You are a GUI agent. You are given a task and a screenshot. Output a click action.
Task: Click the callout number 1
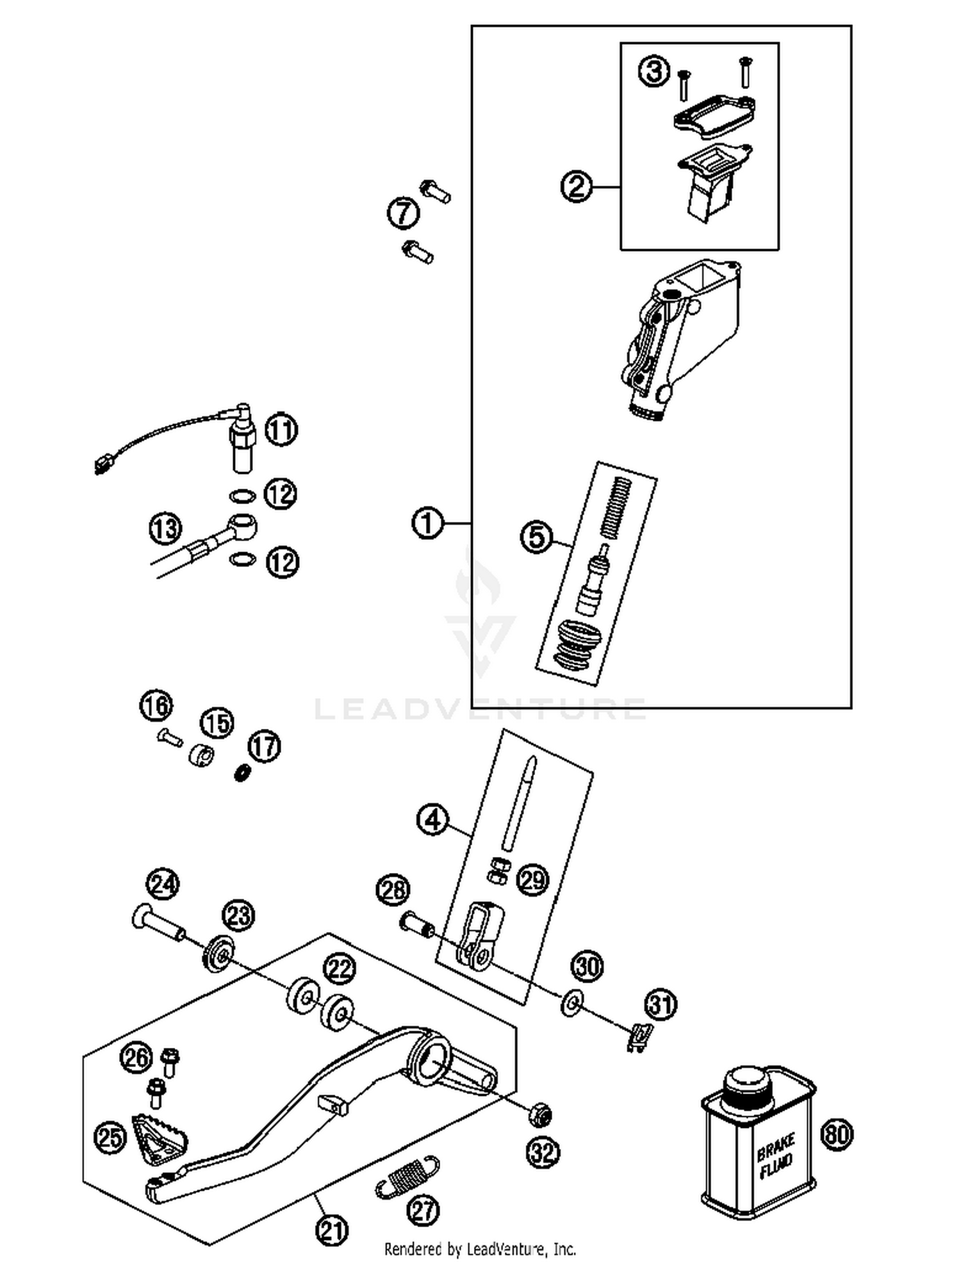tap(427, 523)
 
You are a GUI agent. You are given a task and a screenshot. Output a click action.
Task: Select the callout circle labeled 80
tap(837, 1134)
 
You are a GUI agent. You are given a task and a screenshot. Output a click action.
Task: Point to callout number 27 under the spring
tap(423, 1210)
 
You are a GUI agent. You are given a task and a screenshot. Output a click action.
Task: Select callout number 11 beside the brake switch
tap(281, 429)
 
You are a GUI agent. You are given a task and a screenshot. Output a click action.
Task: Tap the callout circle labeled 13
tap(165, 528)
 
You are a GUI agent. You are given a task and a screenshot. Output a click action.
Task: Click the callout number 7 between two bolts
tap(403, 213)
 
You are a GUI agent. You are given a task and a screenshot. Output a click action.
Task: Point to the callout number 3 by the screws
tap(653, 70)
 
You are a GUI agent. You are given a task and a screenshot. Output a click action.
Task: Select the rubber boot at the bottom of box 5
tap(579, 645)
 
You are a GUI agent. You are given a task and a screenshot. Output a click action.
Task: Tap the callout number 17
tap(265, 746)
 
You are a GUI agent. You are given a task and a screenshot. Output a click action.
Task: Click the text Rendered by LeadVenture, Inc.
tap(480, 1248)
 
